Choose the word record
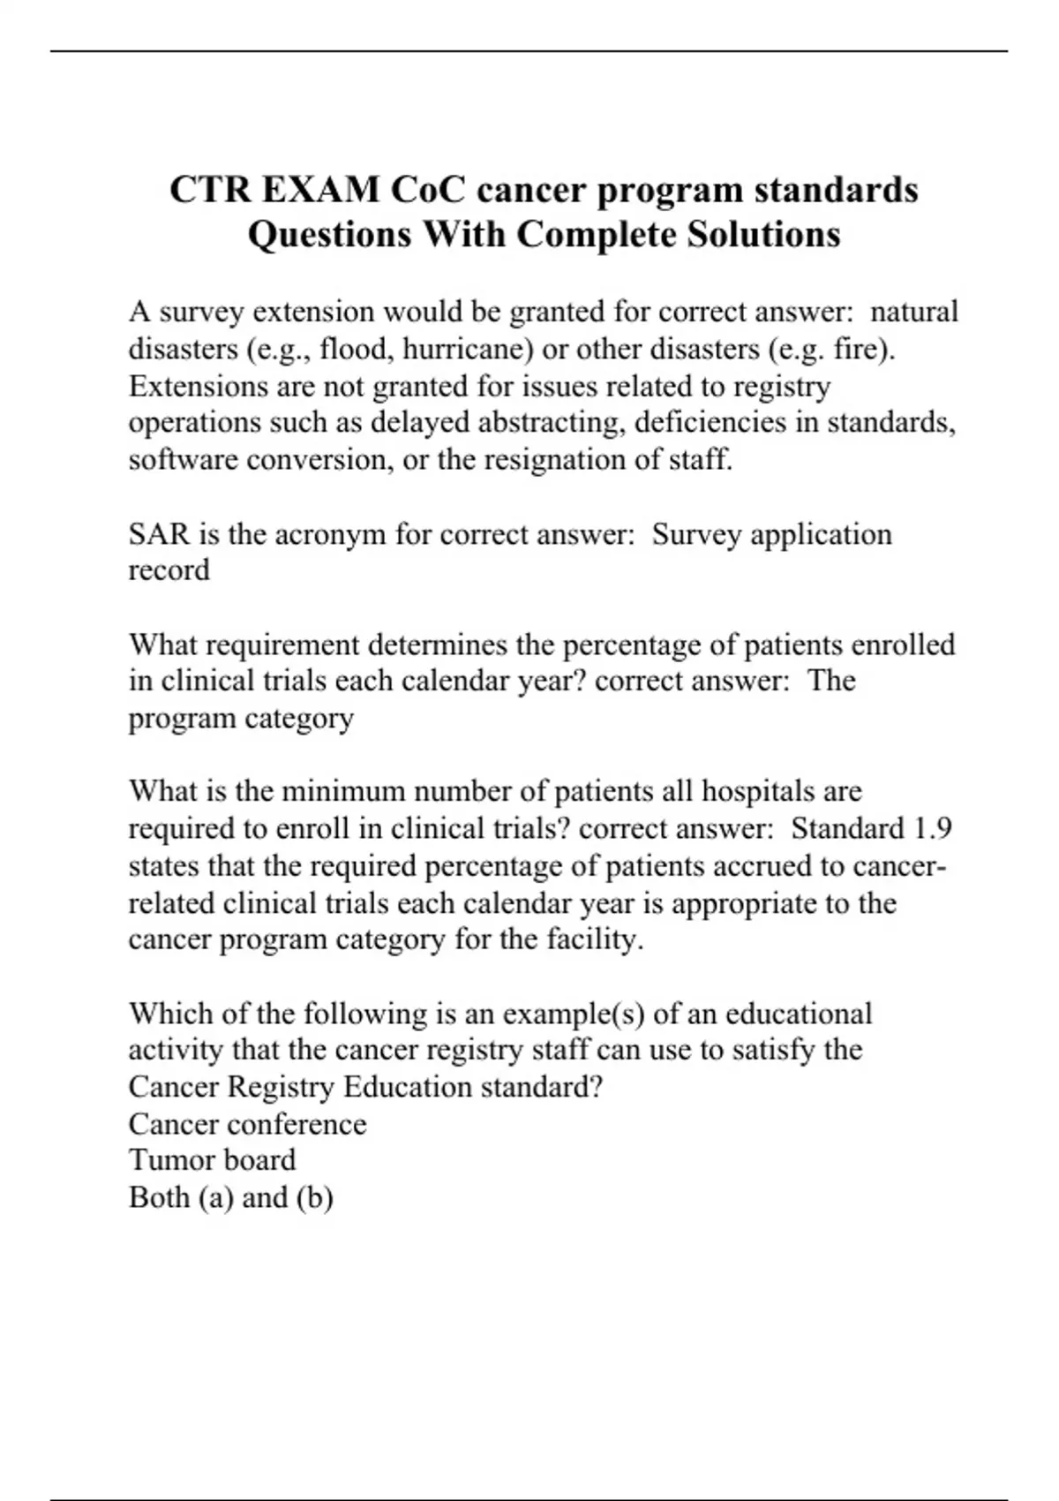coord(169,570)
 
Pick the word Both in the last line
coord(159,1197)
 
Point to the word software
coord(183,460)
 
